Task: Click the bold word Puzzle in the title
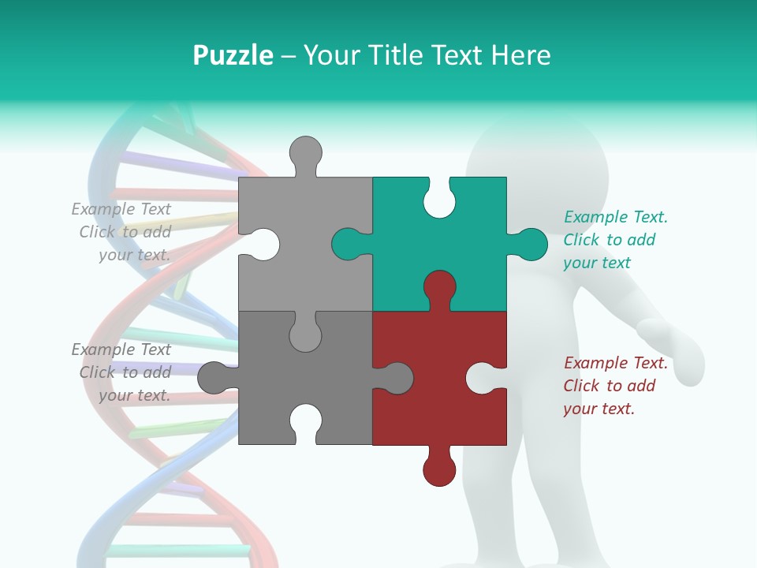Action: click(233, 55)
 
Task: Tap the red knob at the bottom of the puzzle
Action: click(439, 468)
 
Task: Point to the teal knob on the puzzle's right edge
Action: click(530, 244)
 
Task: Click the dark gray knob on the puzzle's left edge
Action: click(214, 377)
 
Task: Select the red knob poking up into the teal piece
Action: click(439, 287)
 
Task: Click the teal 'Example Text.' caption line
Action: click(616, 217)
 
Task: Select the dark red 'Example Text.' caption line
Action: click(616, 363)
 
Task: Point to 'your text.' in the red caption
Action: click(599, 409)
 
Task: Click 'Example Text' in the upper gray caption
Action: click(121, 209)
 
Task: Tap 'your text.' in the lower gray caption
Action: click(134, 395)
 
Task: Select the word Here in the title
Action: click(520, 55)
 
